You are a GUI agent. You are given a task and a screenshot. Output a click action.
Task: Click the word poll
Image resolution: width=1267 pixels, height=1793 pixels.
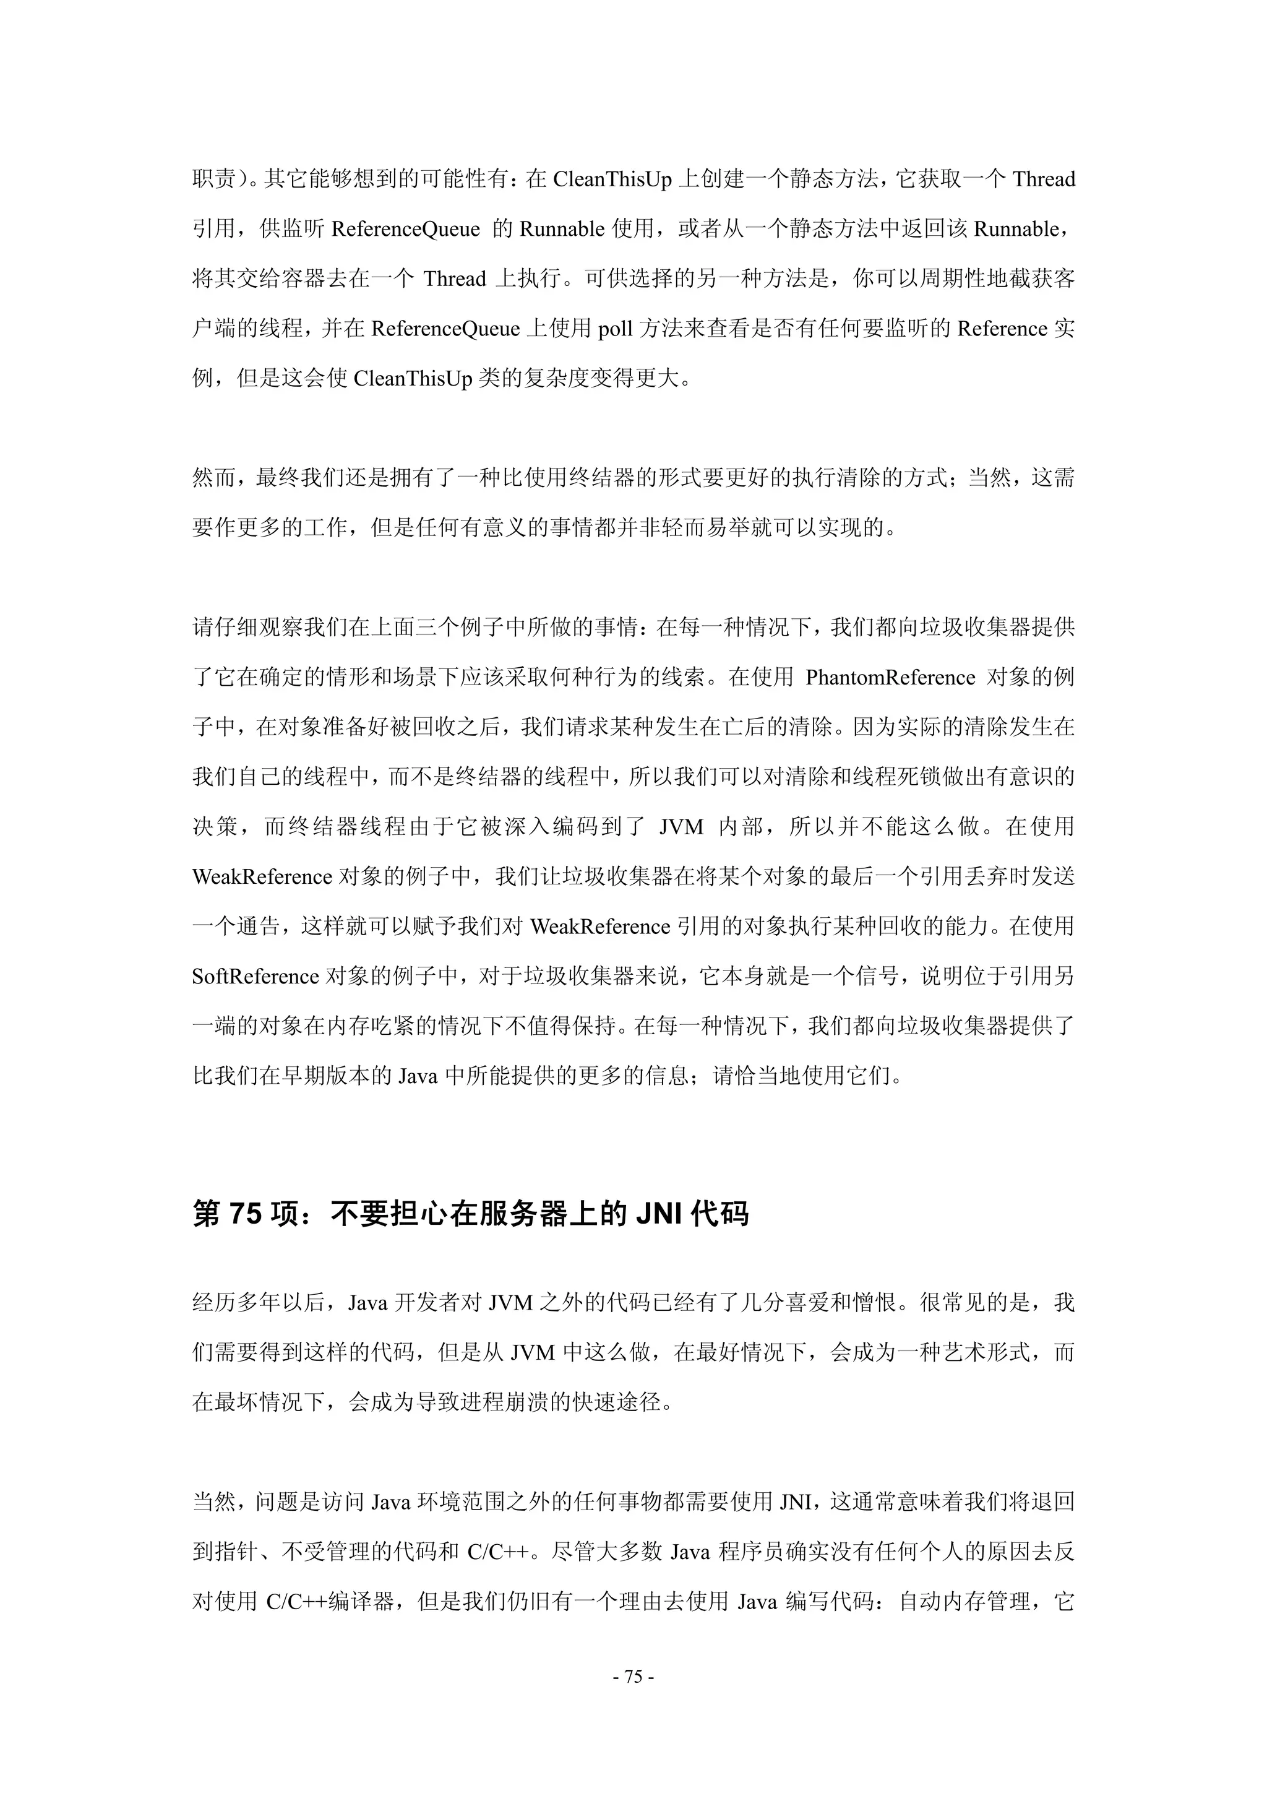pos(615,329)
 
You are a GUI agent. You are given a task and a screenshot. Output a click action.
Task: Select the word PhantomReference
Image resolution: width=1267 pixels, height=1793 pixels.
pos(890,677)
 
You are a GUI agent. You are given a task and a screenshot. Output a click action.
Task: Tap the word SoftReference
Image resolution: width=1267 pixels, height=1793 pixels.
pos(256,976)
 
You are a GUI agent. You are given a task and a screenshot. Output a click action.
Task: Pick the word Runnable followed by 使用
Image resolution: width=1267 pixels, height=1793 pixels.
pos(562,229)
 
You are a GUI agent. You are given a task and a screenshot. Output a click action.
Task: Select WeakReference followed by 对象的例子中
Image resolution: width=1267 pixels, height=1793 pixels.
pos(262,876)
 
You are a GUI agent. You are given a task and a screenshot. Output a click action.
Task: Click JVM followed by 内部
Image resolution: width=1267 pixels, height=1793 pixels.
pos(682,826)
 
